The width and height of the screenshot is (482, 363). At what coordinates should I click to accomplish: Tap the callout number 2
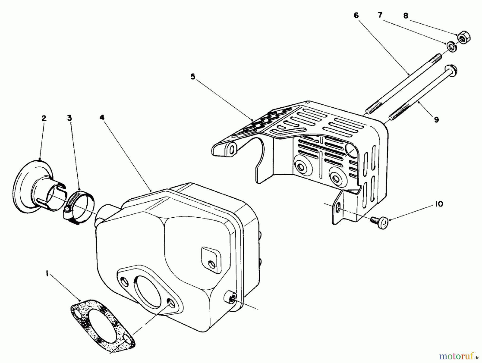click(44, 118)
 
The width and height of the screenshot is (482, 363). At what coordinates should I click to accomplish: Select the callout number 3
click(70, 118)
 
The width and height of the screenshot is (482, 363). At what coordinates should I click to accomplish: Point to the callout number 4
click(102, 118)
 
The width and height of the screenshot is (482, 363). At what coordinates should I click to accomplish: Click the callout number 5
click(193, 77)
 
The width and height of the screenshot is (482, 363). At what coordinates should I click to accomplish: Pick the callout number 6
click(356, 15)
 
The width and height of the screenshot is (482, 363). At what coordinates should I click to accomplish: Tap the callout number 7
click(380, 15)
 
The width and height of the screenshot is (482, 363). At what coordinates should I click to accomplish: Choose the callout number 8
click(406, 16)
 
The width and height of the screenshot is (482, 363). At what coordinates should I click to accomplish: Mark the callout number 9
click(436, 120)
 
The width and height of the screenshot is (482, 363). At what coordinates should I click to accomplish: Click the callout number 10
click(439, 204)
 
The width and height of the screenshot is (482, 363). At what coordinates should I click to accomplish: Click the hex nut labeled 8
click(463, 39)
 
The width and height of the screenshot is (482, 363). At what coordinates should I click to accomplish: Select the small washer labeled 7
click(451, 47)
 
